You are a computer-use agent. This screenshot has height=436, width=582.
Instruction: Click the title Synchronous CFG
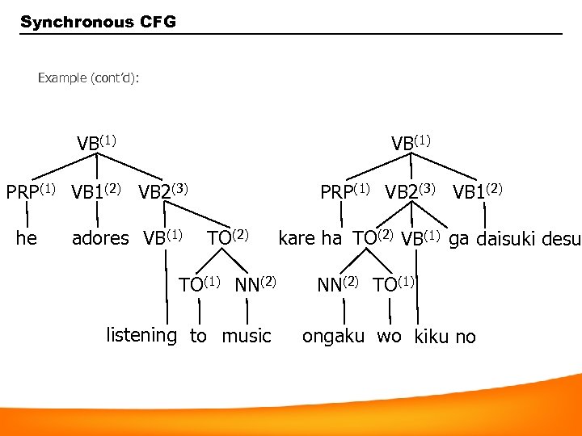(x=97, y=22)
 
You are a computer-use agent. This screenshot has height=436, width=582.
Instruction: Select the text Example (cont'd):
(x=88, y=78)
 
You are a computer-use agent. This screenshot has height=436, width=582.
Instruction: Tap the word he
(x=27, y=238)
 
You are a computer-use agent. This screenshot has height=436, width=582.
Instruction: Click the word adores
(x=100, y=238)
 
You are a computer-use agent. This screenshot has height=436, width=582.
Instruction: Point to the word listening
(x=141, y=335)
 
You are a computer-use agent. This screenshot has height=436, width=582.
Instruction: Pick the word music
(x=247, y=336)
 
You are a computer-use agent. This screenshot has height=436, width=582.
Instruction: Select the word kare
(x=297, y=238)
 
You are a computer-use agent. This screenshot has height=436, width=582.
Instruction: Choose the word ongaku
(x=333, y=337)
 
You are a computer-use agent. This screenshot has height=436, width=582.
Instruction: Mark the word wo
(x=389, y=336)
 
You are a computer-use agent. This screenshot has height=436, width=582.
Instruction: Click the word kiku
(x=432, y=337)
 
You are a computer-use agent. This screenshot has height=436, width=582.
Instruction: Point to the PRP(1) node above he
(x=31, y=192)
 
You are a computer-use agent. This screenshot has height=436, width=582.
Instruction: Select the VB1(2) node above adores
(x=96, y=192)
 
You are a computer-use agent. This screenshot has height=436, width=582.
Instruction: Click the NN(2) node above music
(x=255, y=284)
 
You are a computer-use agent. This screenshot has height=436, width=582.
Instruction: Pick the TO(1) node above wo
(x=394, y=284)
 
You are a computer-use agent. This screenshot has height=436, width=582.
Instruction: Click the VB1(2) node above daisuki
(x=478, y=192)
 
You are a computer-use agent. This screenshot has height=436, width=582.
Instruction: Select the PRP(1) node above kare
(x=345, y=192)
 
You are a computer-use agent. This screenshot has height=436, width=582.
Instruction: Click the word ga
(x=459, y=239)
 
